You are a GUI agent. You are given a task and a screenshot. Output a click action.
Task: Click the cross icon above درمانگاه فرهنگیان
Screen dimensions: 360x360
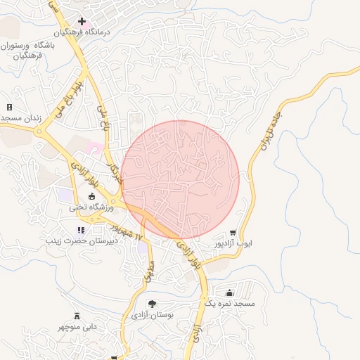pos(82,22)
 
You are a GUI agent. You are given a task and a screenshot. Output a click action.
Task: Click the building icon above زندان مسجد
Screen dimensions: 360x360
pos(10,107)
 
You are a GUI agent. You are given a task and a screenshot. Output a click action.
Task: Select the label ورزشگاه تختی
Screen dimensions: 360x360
pos(87,207)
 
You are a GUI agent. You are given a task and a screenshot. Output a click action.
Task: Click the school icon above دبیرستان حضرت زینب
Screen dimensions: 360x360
pos(81,230)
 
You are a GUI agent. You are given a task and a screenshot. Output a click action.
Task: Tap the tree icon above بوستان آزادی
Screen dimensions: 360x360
pos(152,304)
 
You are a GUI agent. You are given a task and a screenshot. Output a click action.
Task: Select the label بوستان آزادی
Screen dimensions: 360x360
pos(152,316)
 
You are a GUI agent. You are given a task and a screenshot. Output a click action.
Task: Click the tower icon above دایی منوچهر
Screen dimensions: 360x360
pos(77,316)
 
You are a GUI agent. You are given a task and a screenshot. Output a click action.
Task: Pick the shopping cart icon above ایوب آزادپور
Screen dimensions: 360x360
pos(233,233)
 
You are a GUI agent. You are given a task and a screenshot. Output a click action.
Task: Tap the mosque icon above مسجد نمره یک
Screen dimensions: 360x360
pos(229,292)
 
